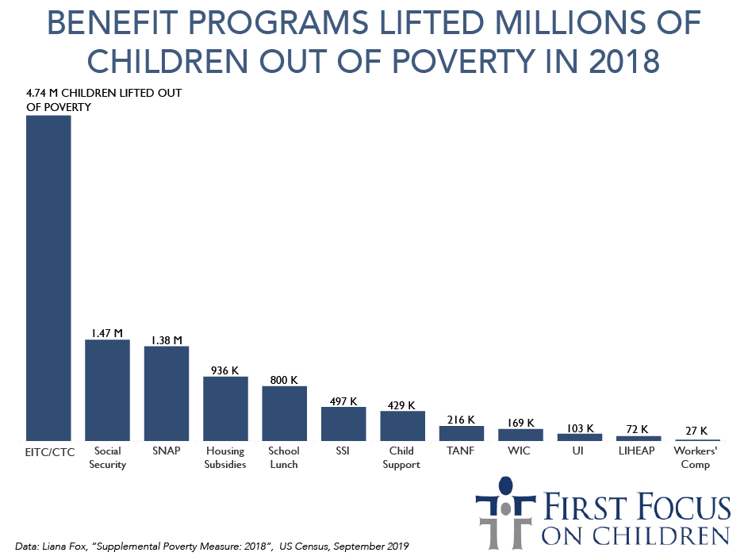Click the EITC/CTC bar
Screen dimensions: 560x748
[48, 278]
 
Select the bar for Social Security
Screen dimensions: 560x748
[107, 389]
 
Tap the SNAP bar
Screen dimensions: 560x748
[167, 393]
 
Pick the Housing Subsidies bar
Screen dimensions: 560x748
[225, 408]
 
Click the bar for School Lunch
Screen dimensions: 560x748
[284, 413]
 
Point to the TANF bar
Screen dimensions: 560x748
[461, 433]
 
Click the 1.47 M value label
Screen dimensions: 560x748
[107, 332]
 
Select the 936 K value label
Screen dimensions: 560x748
[225, 370]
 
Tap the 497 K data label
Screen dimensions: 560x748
[343, 400]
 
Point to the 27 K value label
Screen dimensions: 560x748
[696, 432]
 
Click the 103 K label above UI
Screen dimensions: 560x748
[579, 428]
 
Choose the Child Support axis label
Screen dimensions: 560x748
[401, 458]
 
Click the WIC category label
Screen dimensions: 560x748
[520, 451]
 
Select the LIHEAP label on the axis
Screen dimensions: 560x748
[638, 451]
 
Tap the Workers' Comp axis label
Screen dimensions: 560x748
[696, 458]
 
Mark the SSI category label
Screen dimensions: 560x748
[343, 451]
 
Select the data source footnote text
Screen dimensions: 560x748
[212, 546]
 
